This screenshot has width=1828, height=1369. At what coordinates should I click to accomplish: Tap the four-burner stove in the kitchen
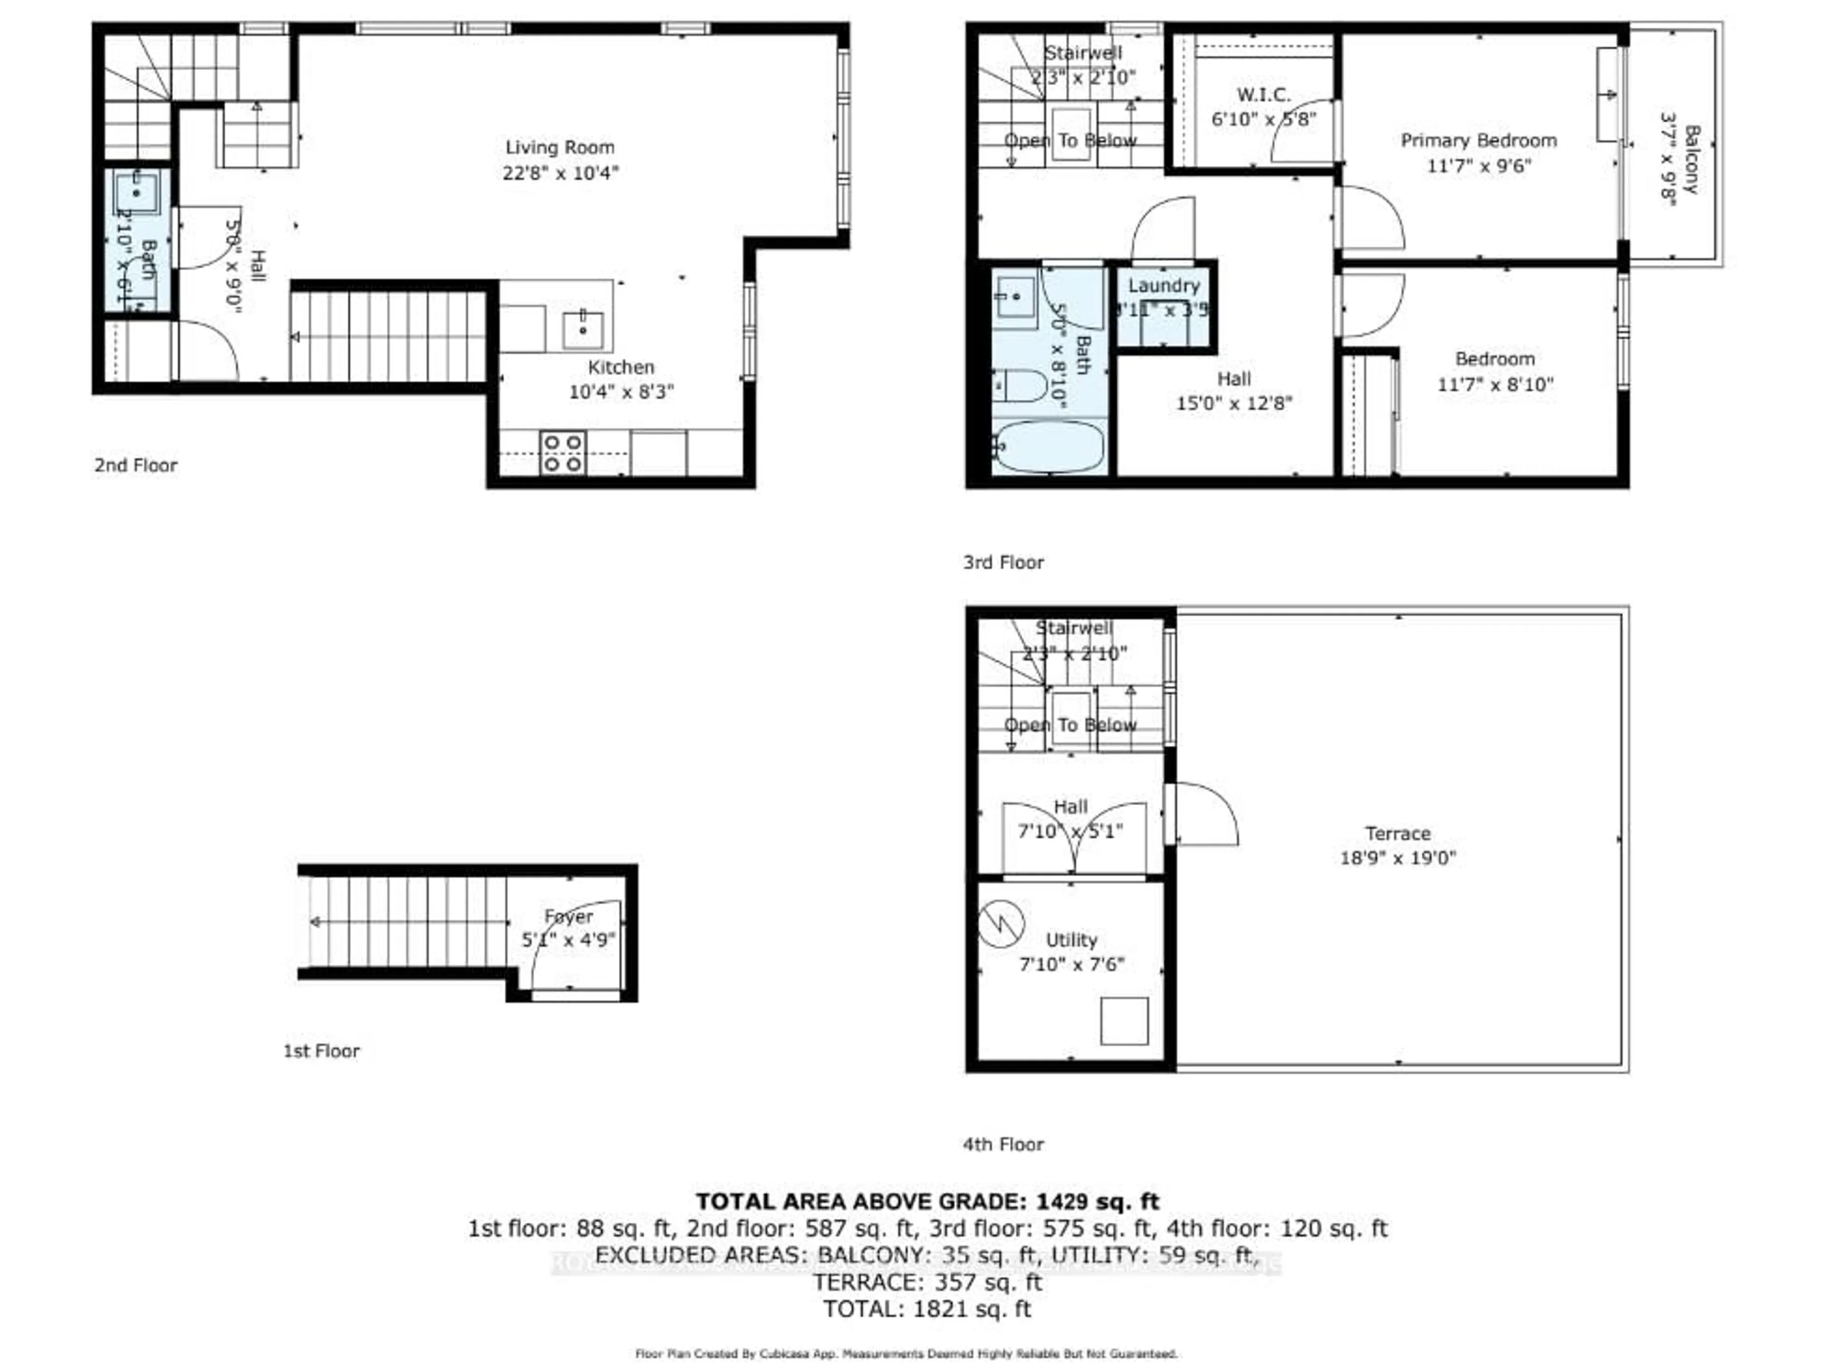[563, 453]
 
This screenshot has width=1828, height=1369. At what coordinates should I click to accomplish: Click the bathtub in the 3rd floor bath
[1048, 447]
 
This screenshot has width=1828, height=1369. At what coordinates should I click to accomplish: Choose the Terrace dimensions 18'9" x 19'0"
[1398, 857]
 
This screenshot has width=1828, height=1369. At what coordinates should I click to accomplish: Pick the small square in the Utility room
[1124, 1020]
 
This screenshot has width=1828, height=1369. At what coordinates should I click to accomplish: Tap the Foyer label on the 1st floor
[568, 916]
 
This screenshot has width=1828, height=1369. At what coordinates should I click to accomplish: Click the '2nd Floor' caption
[136, 465]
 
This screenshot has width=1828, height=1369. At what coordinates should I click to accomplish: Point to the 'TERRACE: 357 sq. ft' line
[927, 1282]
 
